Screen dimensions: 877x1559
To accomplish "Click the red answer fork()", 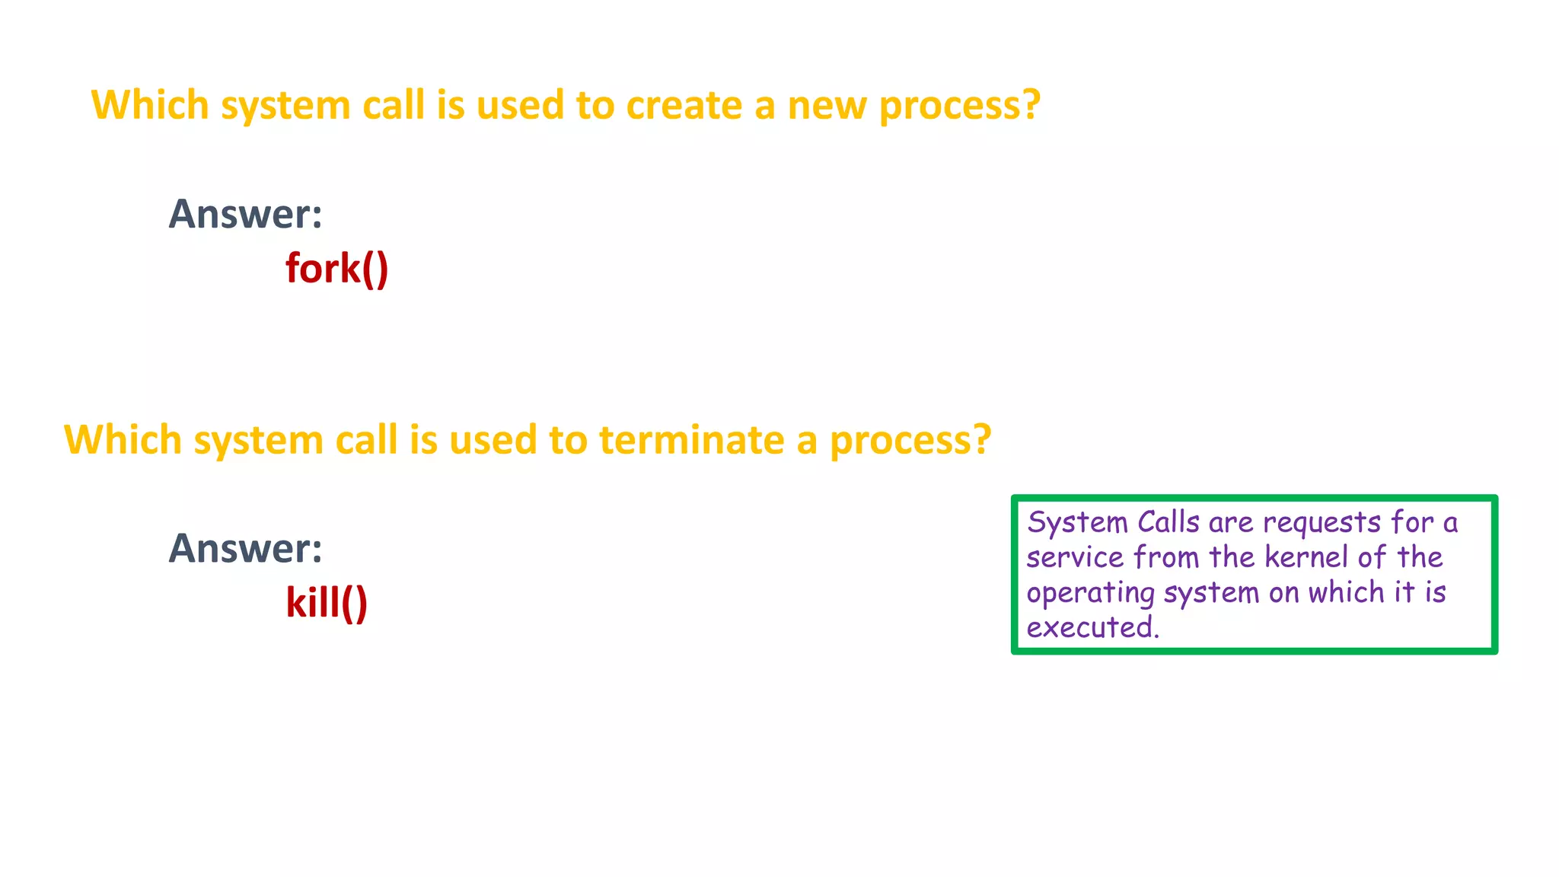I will (x=336, y=269).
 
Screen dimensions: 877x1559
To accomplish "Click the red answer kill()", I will (x=327, y=603).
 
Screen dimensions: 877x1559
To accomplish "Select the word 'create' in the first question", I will (x=684, y=105).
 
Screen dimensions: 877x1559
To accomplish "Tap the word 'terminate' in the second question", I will (x=691, y=440).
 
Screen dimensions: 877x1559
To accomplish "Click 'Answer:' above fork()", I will (x=245, y=214).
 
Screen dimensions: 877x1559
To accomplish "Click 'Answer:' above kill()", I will (x=245, y=548).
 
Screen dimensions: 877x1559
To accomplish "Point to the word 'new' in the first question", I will (x=826, y=105).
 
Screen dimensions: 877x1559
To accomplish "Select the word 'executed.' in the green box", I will (x=1092, y=627).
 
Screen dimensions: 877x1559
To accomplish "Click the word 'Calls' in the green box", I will (x=1168, y=522).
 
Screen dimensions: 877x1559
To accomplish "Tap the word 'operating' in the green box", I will (x=1090, y=593).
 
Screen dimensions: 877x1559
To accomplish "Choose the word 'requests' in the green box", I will (x=1321, y=523).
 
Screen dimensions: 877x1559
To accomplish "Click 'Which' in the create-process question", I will (x=149, y=105).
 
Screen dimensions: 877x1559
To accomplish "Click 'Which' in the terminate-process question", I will (x=123, y=440).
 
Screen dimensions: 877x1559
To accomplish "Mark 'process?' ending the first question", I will (x=959, y=107).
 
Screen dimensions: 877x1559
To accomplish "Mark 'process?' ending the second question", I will (x=910, y=442).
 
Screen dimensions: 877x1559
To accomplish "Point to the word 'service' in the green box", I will (x=1075, y=557).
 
